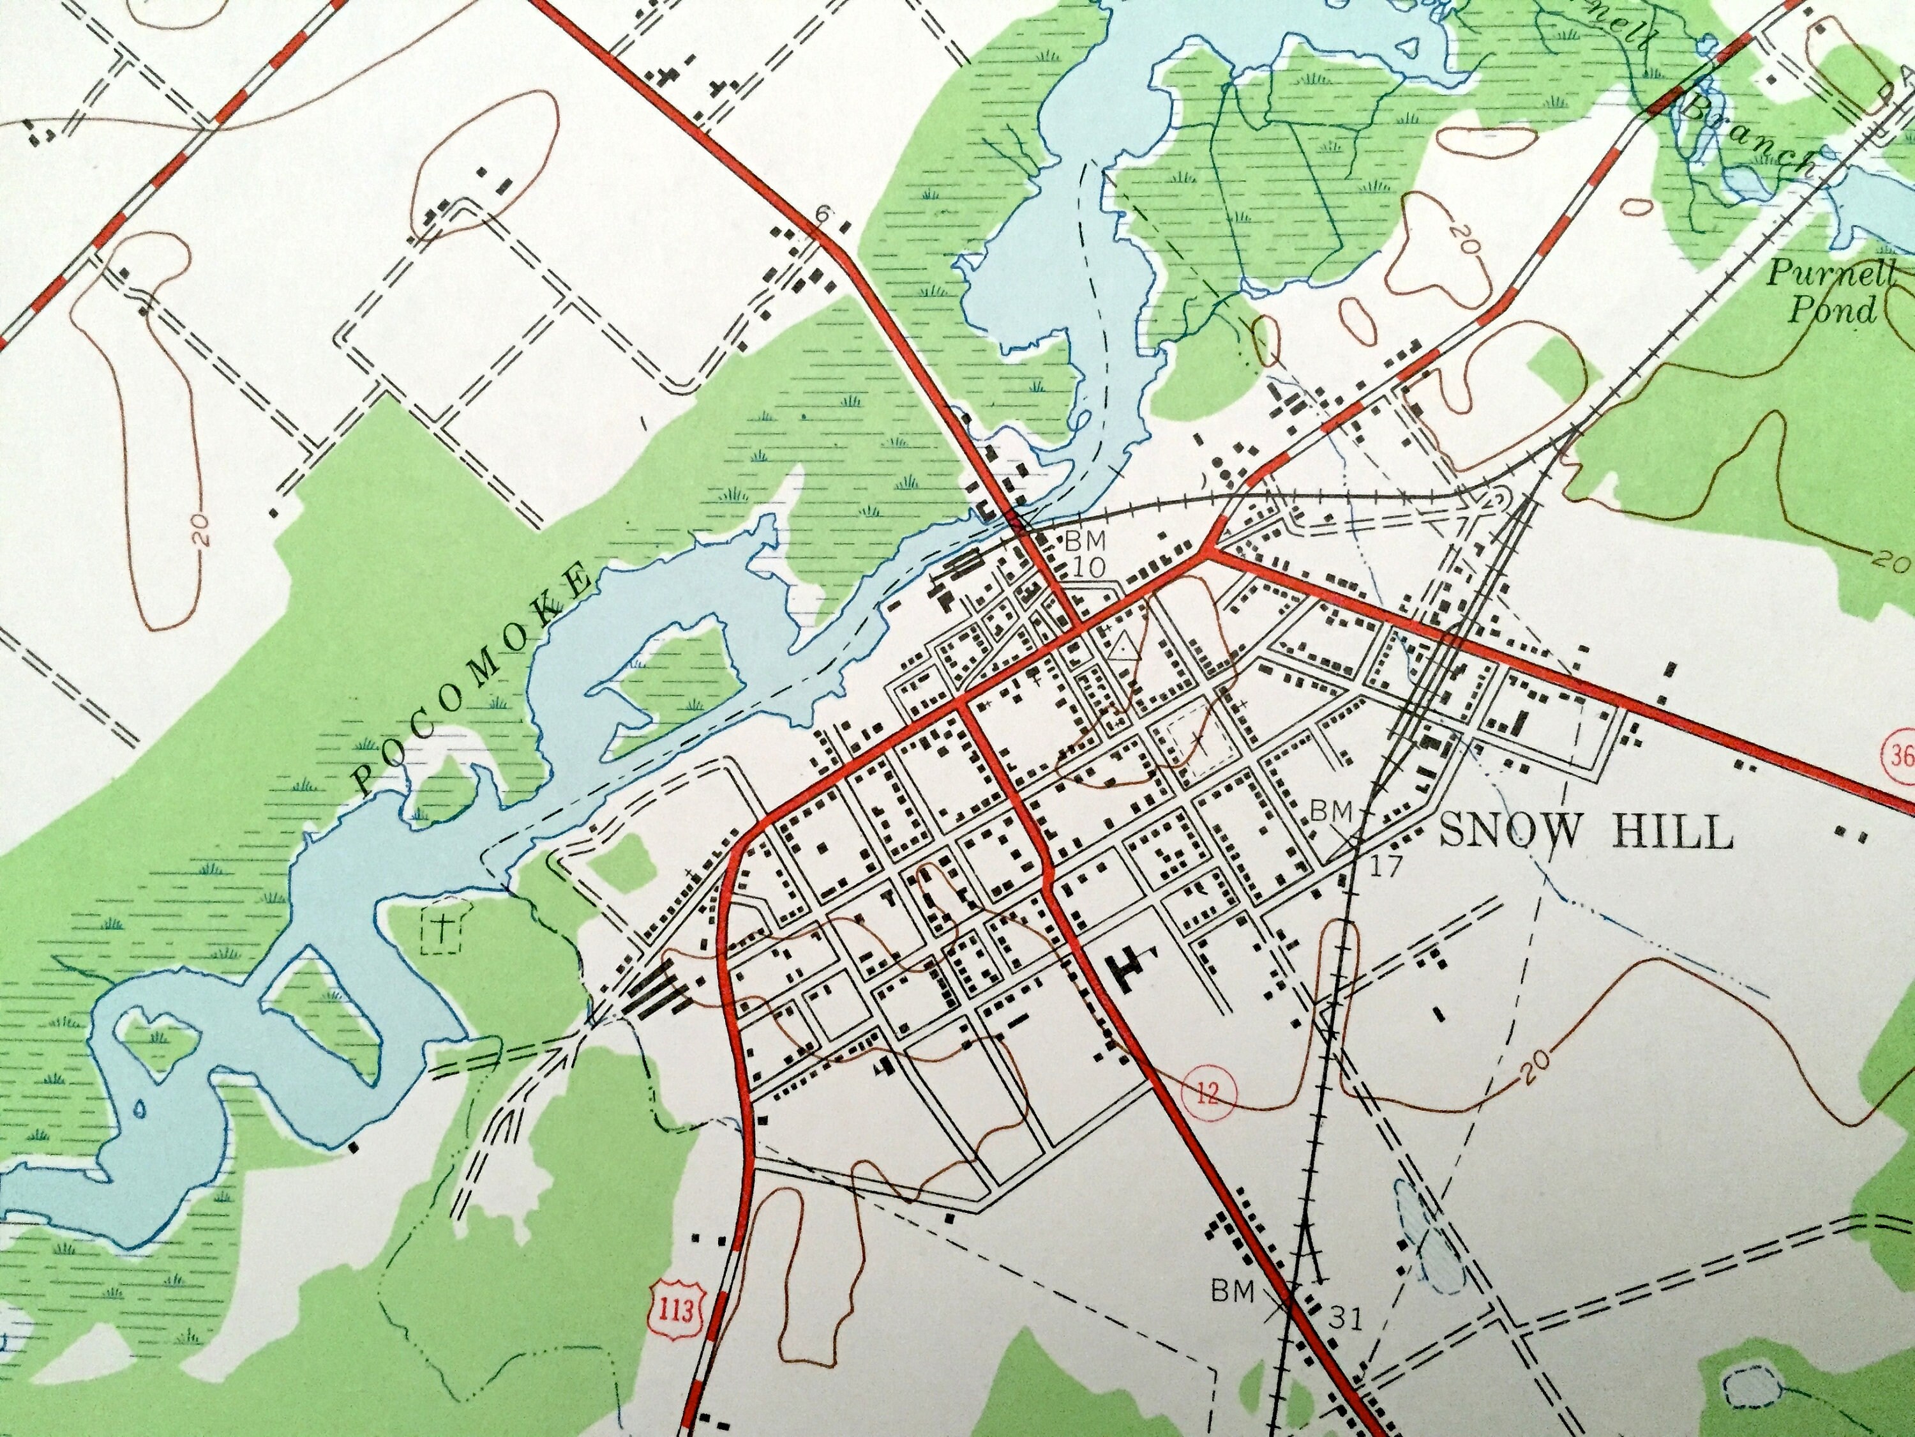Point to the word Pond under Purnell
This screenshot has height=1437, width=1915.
pyautogui.click(x=1832, y=309)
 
